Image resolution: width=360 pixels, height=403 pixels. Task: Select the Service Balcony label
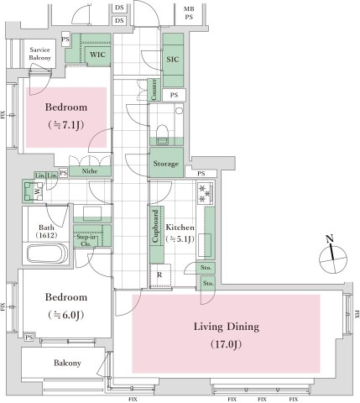click(40, 54)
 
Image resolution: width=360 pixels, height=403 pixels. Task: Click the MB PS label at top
click(189, 13)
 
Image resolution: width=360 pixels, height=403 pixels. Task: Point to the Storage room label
click(165, 164)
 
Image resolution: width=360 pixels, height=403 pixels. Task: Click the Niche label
click(90, 170)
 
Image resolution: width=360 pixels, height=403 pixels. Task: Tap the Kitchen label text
click(180, 228)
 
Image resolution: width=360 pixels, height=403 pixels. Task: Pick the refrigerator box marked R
click(159, 274)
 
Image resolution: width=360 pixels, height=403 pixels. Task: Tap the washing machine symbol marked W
click(38, 190)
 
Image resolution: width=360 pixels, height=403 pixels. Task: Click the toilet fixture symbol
click(163, 130)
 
